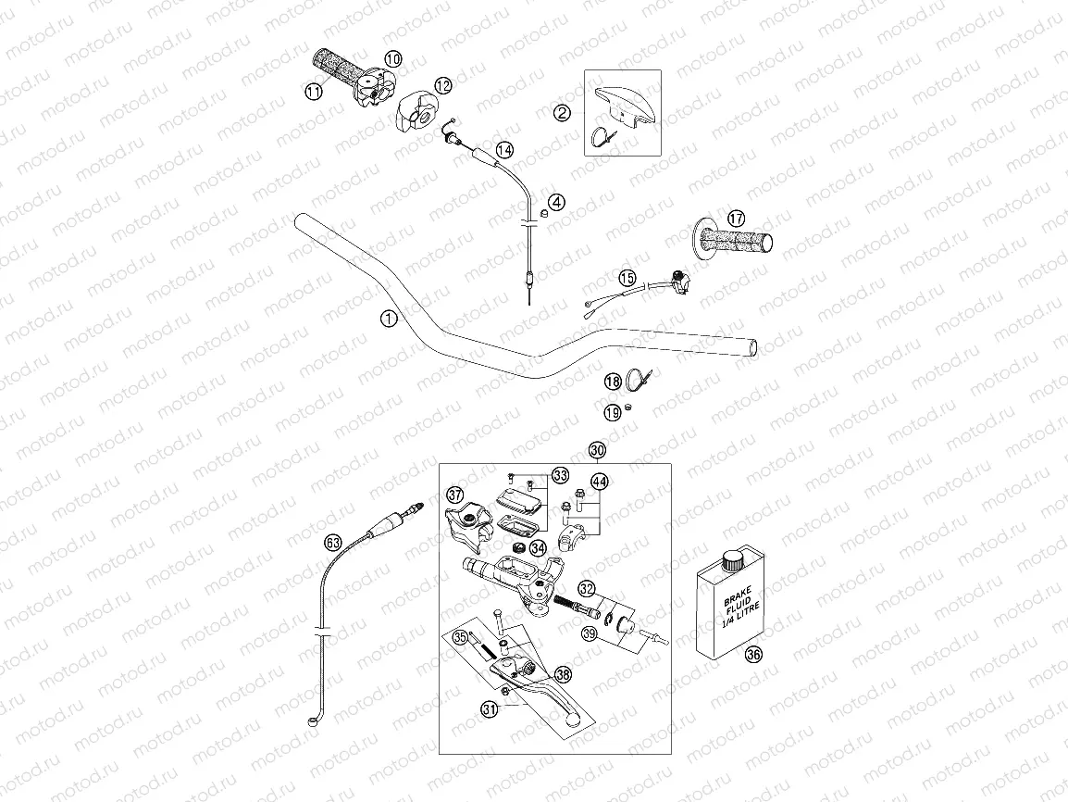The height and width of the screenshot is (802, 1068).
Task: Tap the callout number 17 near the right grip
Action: pyautogui.click(x=735, y=219)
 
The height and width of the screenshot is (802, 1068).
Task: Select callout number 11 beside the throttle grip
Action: pyautogui.click(x=313, y=91)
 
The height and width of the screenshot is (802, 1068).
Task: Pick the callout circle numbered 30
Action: pyautogui.click(x=597, y=450)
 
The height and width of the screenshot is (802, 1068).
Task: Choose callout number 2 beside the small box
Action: pyautogui.click(x=562, y=113)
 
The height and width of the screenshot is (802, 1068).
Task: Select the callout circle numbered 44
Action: pyautogui.click(x=600, y=481)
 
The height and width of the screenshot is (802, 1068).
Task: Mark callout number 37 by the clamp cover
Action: pyautogui.click(x=454, y=494)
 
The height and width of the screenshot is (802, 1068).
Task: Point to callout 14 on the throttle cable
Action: pyautogui.click(x=503, y=150)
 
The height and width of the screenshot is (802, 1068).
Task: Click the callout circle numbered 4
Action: pyautogui.click(x=555, y=201)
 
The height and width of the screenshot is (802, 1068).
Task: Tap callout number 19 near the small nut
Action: pyautogui.click(x=613, y=412)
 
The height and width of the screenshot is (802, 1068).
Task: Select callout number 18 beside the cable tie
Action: pyautogui.click(x=613, y=382)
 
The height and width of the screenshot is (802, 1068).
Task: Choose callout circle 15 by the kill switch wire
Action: pyautogui.click(x=627, y=277)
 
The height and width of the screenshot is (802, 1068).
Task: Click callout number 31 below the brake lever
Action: pyautogui.click(x=489, y=708)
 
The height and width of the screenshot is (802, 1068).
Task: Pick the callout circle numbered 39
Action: pyautogui.click(x=589, y=633)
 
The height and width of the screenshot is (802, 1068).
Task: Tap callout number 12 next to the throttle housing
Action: pyautogui.click(x=443, y=85)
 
